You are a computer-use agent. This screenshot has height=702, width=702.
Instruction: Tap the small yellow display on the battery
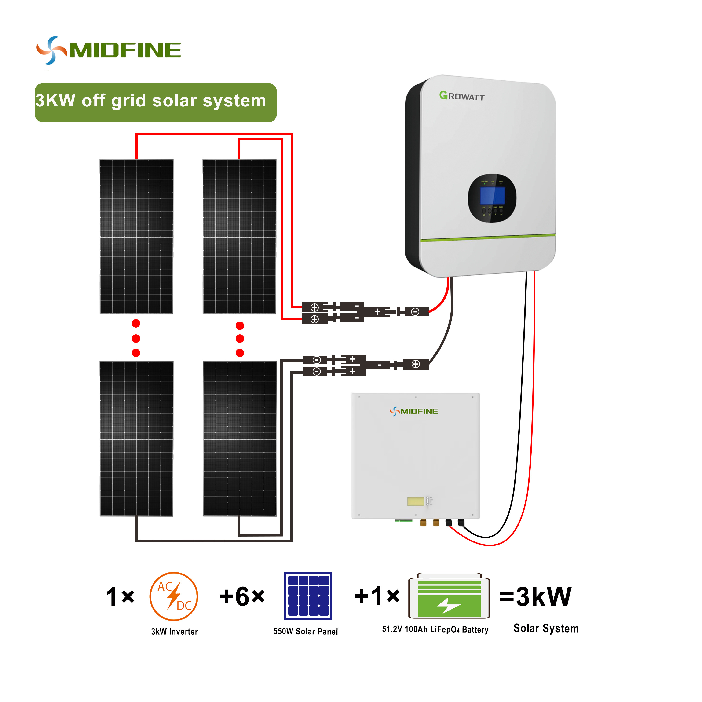tap(416, 501)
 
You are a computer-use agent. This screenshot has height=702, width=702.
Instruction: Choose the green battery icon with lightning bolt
tap(449, 596)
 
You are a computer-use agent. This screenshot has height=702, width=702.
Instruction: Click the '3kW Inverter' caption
tap(174, 632)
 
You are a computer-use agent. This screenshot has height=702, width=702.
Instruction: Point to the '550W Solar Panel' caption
tap(306, 632)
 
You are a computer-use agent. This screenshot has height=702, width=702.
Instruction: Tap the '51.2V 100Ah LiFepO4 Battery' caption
tap(435, 629)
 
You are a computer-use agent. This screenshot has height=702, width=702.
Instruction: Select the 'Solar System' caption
tap(546, 628)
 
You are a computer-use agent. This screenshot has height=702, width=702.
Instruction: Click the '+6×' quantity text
tap(242, 597)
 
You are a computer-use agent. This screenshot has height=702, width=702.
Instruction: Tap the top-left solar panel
tap(137, 236)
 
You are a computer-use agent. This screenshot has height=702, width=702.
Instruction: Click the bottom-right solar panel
tap(240, 439)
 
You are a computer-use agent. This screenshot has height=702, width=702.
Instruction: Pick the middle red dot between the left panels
tap(136, 339)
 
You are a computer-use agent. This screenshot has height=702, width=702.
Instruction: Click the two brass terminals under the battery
tap(429, 523)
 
